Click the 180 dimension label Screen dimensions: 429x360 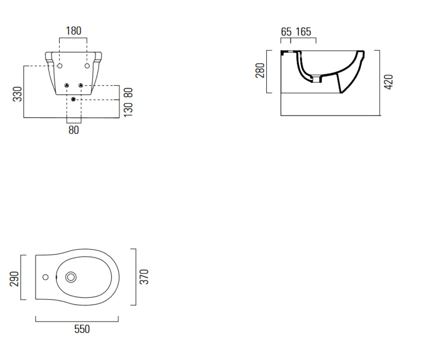point(74,31)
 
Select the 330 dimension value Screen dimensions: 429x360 point(18,94)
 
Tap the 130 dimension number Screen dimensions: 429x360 point(128,110)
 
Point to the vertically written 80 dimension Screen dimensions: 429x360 point(128,93)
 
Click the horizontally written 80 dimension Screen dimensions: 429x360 point(74,130)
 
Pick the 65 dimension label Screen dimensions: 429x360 point(286,32)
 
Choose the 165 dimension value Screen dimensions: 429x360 point(304,32)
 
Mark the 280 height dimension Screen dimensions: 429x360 point(260,70)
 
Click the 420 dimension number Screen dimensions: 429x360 point(389,82)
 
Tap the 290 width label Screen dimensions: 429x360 point(14,279)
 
